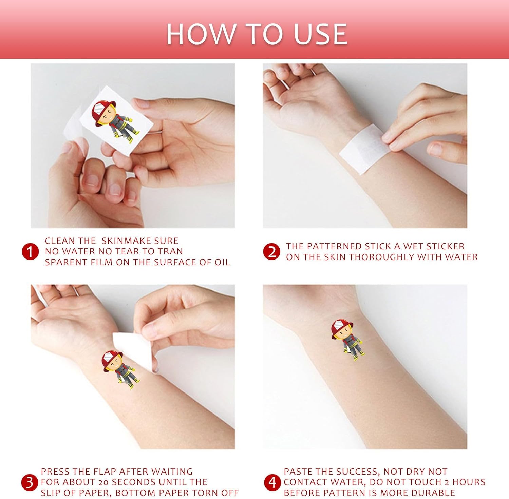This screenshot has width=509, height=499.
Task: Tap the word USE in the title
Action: click(320, 34)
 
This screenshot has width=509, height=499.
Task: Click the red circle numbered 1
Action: click(30, 252)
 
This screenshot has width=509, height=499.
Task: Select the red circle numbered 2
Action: click(272, 252)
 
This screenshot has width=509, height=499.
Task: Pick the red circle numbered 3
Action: click(30, 482)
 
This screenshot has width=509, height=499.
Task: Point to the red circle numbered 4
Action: click(272, 482)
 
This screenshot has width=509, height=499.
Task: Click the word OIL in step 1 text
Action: click(222, 262)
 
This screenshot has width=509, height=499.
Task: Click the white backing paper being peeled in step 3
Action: click(133, 350)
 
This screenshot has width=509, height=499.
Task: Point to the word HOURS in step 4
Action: click(469, 482)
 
